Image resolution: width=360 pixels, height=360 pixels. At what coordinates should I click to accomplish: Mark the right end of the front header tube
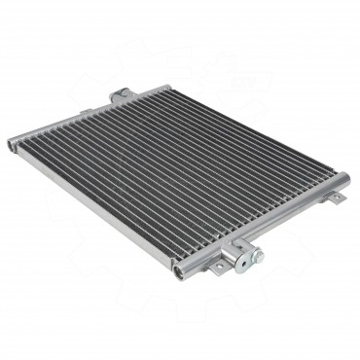(342, 179)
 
